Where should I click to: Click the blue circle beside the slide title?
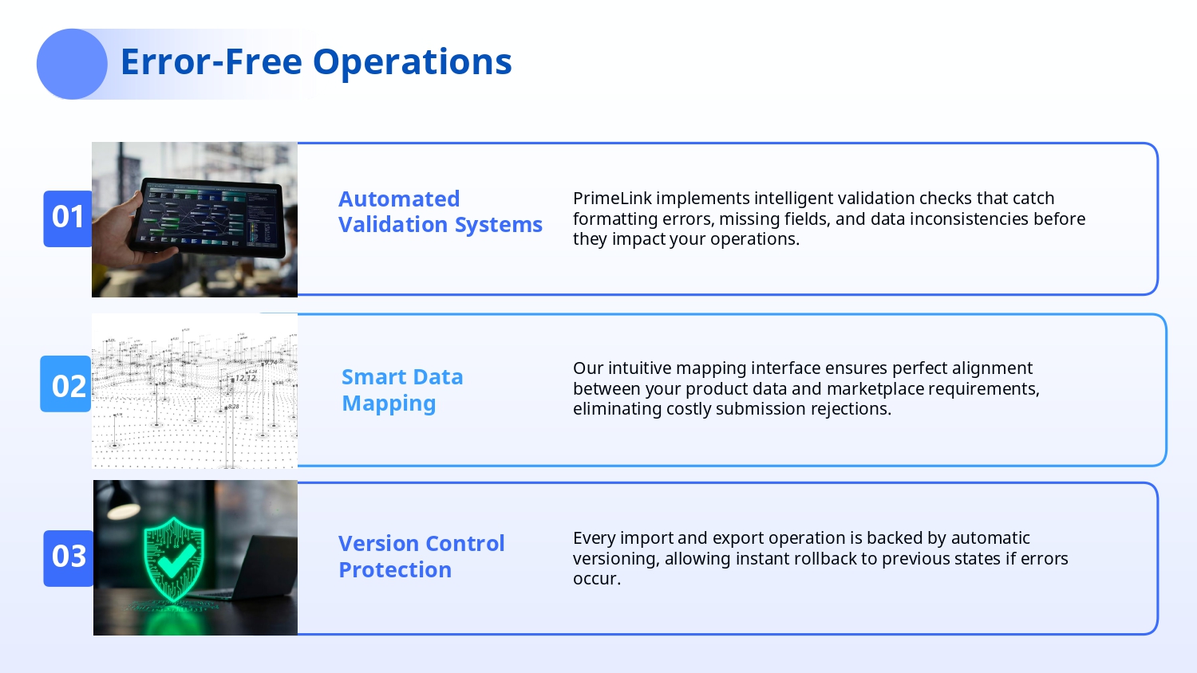(72, 64)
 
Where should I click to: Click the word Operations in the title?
(412, 62)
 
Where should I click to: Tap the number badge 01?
(68, 218)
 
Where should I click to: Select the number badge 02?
(65, 384)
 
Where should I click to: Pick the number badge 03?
(69, 558)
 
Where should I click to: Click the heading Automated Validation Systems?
(440, 211)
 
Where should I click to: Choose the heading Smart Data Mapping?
(402, 390)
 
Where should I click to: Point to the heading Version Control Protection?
(421, 556)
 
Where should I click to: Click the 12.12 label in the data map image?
(245, 378)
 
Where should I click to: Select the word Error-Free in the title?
(211, 61)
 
